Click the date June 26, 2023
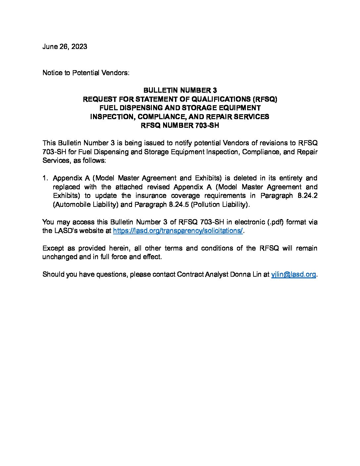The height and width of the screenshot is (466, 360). click(x=65, y=46)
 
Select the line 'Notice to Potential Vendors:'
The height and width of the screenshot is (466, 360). click(x=85, y=72)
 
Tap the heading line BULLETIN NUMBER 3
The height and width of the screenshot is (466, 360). click(x=180, y=90)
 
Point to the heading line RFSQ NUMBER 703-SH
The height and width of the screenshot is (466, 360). click(x=180, y=125)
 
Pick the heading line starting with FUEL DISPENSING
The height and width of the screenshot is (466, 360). click(x=180, y=108)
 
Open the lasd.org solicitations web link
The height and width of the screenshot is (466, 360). click(x=178, y=231)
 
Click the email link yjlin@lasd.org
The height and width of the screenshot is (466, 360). click(x=293, y=274)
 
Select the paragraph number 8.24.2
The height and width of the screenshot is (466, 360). click(x=307, y=196)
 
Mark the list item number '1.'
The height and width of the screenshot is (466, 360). click(x=46, y=178)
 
